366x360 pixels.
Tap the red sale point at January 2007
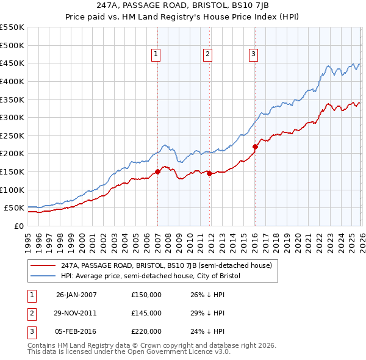(157, 171)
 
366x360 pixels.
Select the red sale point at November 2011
(209, 173)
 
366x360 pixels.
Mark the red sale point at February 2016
(255, 146)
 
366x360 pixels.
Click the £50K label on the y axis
(13, 208)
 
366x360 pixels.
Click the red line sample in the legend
(43, 265)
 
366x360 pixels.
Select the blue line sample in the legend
(43, 276)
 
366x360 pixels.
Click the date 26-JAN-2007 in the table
(76, 295)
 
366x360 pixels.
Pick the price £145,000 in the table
(146, 313)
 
